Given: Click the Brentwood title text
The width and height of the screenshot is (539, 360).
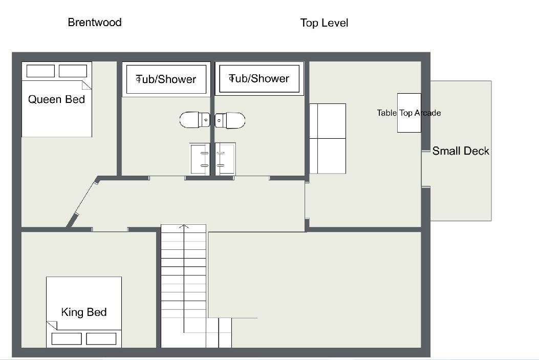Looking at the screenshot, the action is (x=95, y=23).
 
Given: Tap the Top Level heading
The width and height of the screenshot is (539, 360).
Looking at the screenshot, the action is (x=324, y=23).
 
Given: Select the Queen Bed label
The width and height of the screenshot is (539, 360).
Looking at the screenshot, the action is (x=56, y=99).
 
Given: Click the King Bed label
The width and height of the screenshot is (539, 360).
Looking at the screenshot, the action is (x=84, y=312).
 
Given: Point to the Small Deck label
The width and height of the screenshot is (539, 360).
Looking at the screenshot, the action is (x=461, y=151).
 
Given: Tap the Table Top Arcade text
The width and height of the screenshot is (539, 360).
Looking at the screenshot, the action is (x=408, y=113).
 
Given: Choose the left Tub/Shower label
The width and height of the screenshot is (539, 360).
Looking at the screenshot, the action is (x=166, y=79).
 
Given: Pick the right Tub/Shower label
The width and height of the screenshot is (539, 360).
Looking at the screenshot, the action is (x=259, y=79).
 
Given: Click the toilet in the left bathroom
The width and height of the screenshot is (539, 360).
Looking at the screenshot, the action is (x=195, y=120).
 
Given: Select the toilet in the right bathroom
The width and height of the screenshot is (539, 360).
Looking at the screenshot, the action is (x=230, y=120).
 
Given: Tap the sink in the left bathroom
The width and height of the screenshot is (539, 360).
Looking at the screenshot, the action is (x=200, y=159).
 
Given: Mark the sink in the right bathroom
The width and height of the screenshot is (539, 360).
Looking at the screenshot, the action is (x=226, y=159).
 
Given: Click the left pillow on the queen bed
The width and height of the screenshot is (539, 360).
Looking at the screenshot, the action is (x=40, y=71).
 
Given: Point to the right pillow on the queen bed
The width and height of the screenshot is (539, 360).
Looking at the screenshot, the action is (x=73, y=71).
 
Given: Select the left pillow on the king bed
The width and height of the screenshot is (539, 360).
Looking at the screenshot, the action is (x=67, y=338).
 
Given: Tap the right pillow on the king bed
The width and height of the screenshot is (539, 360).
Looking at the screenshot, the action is (x=101, y=338).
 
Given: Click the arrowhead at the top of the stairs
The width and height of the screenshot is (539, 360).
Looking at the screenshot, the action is (x=184, y=226).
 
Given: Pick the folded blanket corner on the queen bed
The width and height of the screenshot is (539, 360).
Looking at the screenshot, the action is (x=87, y=85).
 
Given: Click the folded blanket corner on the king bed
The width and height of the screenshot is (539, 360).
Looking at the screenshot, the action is (x=52, y=326).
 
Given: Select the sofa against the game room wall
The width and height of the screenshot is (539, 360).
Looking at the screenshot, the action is (x=328, y=139).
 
